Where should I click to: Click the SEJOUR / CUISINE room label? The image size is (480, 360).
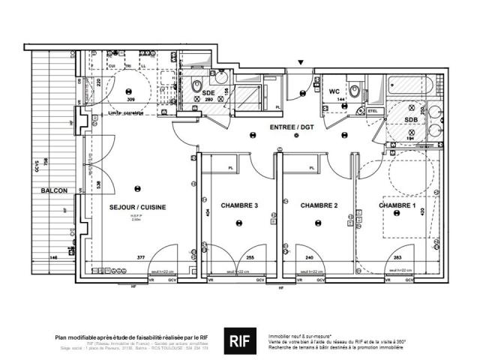pos(138,206)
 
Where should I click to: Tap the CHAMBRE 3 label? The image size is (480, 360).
pos(239,205)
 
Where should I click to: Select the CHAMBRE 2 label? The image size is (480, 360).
pos(319,205)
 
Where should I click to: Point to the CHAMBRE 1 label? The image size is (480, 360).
pos(397,205)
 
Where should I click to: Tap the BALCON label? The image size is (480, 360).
pos(51,191)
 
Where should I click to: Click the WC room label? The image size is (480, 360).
pos(335,92)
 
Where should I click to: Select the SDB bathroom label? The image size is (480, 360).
pos(412,120)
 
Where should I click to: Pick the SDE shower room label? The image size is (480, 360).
pos(208,92)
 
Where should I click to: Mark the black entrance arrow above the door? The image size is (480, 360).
pos(301,62)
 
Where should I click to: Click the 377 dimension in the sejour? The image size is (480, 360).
pos(139,257)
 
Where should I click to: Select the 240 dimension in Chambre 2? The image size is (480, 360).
pos(309,257)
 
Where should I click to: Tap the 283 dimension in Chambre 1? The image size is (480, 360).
pos(395,257)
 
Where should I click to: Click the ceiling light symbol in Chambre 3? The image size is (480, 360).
pos(238,222)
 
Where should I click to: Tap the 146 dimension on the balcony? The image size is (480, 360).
pos(53,257)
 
